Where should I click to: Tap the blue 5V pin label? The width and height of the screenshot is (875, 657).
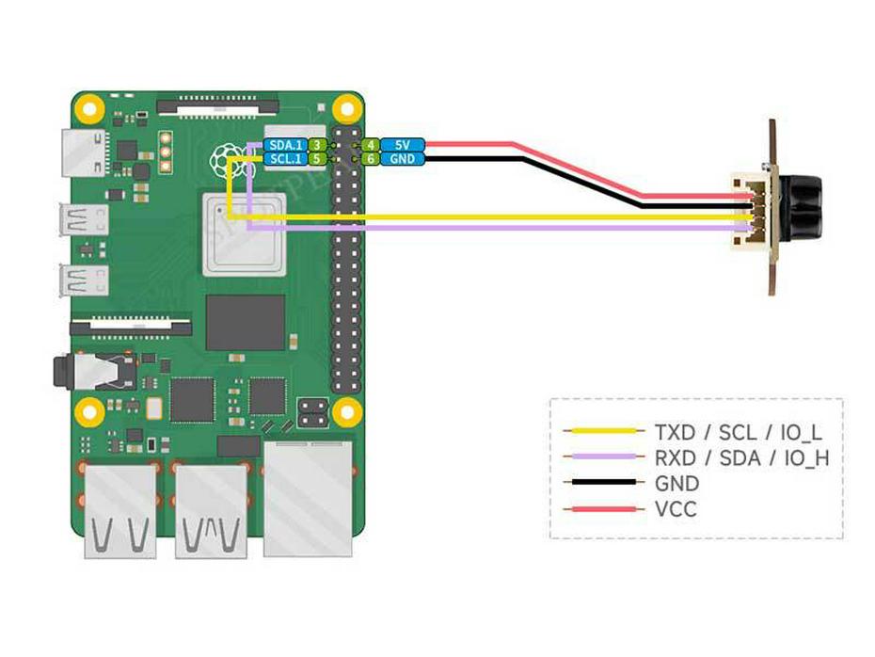[403, 145]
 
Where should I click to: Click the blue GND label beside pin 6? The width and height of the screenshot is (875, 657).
[403, 160]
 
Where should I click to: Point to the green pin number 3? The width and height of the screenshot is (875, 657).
[319, 145]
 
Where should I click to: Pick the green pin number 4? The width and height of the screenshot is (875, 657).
[371, 145]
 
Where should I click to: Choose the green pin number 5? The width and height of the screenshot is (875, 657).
[319, 160]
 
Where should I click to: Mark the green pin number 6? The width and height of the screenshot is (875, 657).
[371, 160]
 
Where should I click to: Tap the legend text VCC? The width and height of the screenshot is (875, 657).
[676, 509]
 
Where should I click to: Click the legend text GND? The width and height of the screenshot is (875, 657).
[676, 484]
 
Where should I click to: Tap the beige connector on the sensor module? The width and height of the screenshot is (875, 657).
[750, 214]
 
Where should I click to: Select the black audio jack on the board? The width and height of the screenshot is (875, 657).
[94, 373]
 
